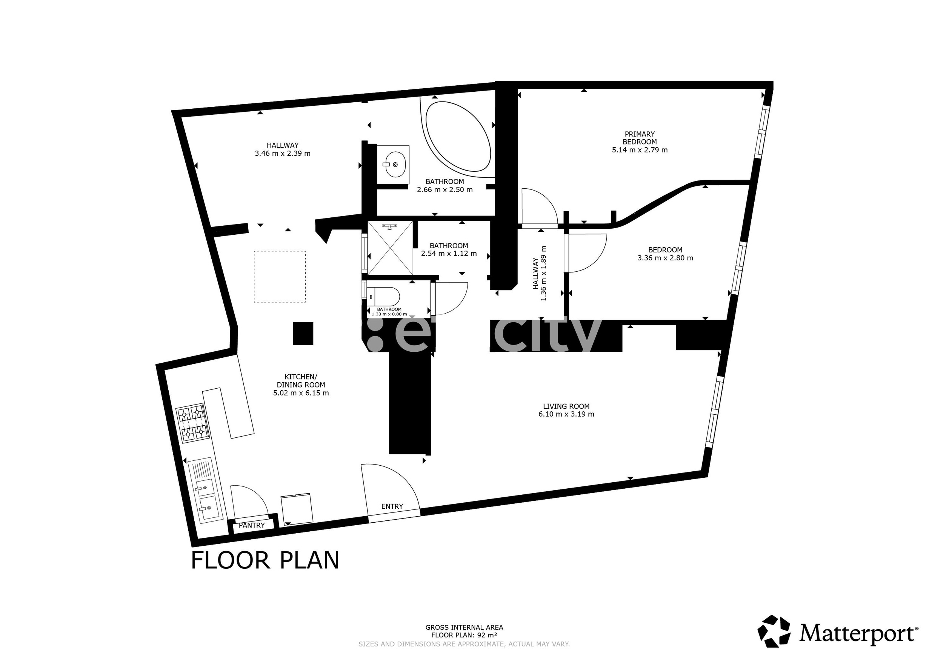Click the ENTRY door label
coord(392,506)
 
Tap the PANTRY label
coord(252,525)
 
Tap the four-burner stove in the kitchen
coord(191,423)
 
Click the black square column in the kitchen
coord(303,333)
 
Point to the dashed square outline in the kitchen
coord(280,276)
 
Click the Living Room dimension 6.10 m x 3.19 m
coord(566,414)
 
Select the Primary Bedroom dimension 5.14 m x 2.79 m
coord(639,150)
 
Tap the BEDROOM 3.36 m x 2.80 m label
coord(665,254)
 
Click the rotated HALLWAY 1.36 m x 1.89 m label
coord(539,274)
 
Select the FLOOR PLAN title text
coord(265,561)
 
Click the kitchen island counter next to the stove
coord(228,412)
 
